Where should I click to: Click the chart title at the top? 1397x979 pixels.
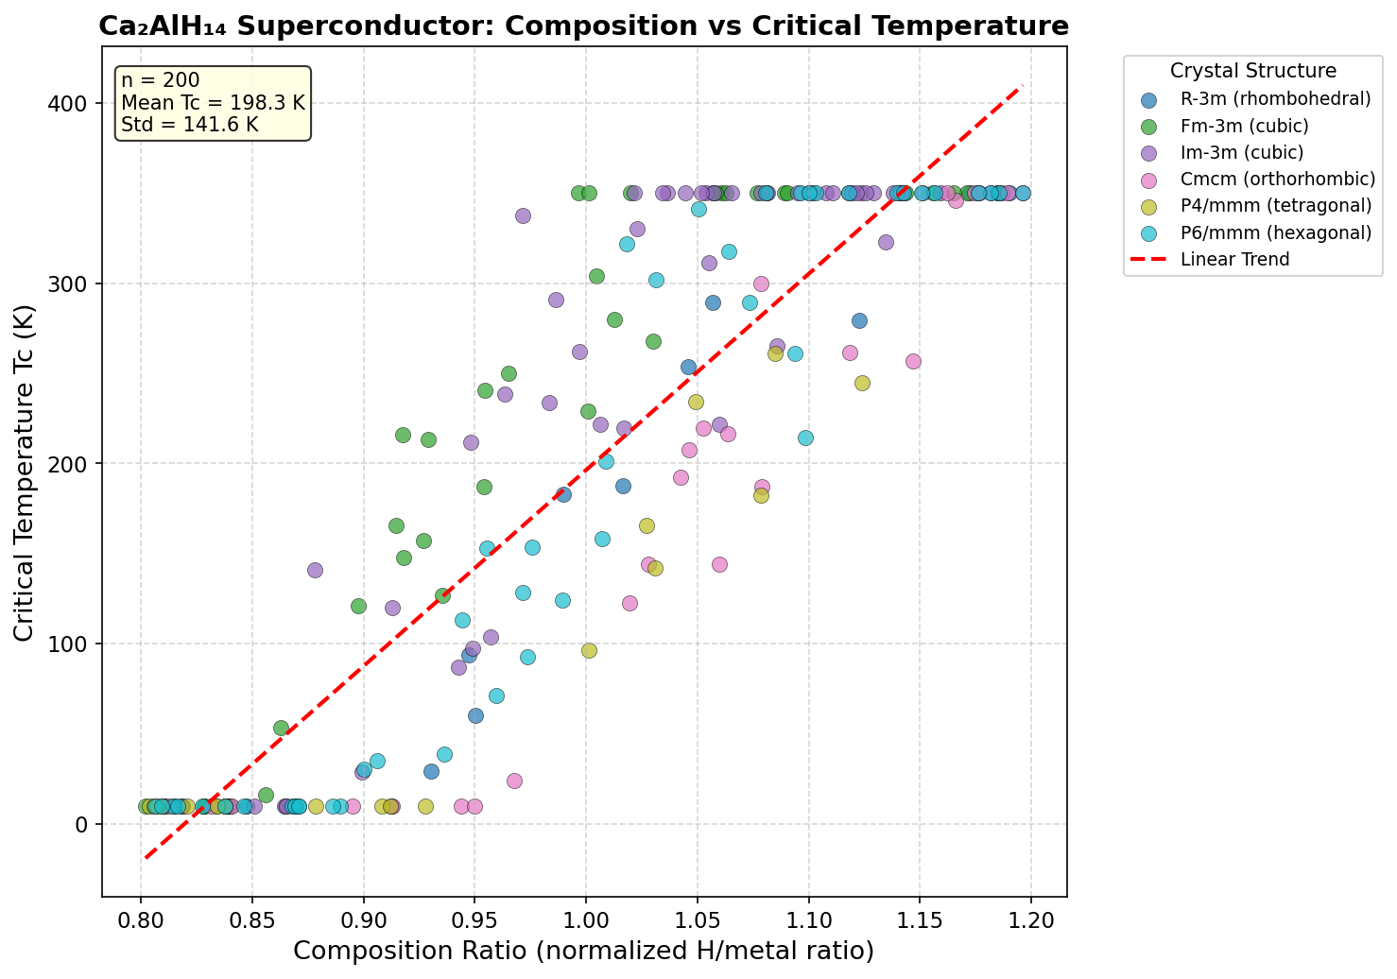point(583,26)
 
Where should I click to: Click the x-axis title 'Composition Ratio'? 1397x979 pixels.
point(583,951)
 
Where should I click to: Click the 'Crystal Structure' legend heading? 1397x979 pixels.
point(1252,71)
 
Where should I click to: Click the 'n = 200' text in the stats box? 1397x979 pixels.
point(161,81)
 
